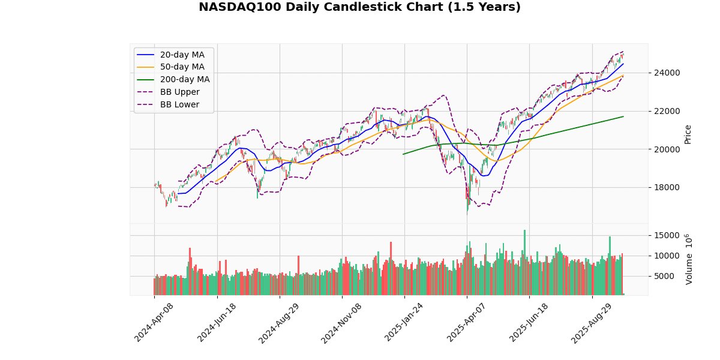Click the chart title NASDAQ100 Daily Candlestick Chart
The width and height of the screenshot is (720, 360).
(359, 7)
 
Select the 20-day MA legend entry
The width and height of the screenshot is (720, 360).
(182, 55)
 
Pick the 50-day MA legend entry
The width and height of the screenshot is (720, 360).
(182, 67)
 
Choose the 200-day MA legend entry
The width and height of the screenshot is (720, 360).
(184, 80)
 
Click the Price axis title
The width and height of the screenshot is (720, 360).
(688, 134)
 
